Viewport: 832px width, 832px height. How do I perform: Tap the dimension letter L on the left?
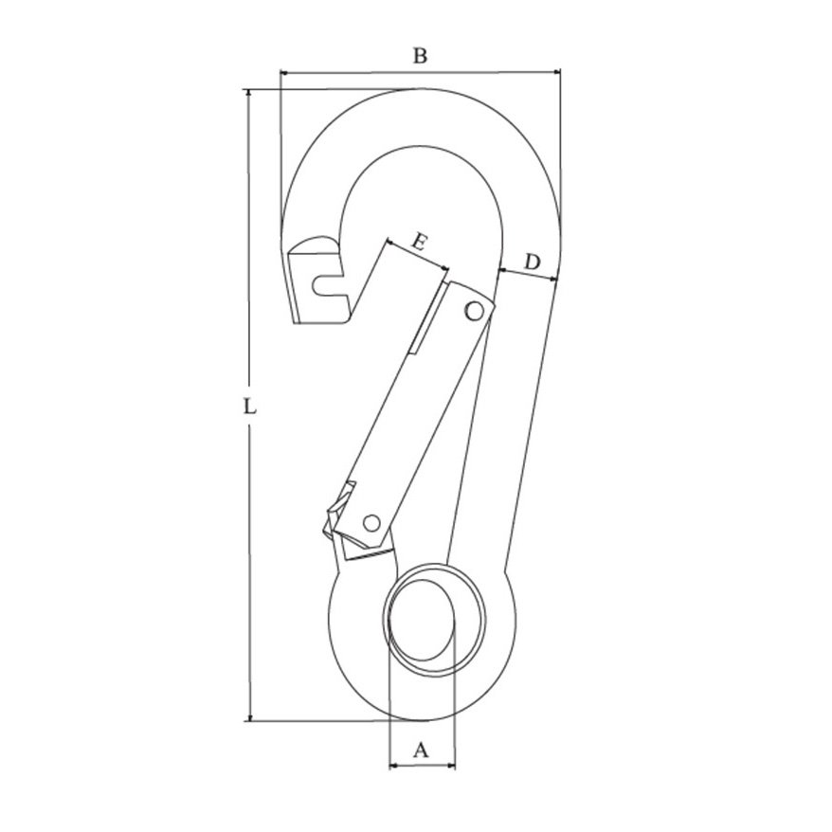pyautogui.click(x=247, y=408)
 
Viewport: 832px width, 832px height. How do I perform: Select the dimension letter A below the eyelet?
pyautogui.click(x=423, y=751)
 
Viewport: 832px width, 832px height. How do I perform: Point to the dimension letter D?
pyautogui.click(x=533, y=261)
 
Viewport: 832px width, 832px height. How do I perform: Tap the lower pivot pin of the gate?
pyautogui.click(x=372, y=521)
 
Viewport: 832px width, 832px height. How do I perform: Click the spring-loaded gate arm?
pyautogui.click(x=417, y=407)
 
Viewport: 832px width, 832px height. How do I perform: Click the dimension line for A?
pyautogui.click(x=423, y=764)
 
